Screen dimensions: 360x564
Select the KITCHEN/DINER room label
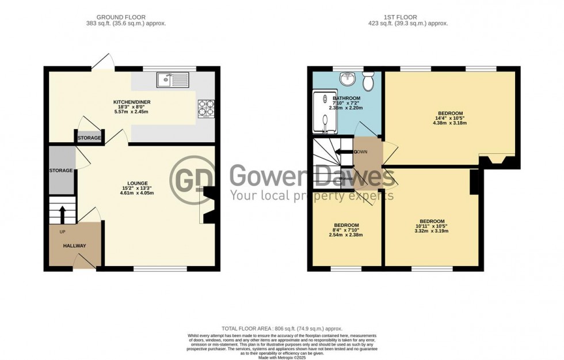(x=132, y=103)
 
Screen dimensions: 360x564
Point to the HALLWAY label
(x=75, y=246)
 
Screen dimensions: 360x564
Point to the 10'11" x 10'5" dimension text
(x=432, y=226)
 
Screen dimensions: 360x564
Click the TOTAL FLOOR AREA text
(x=282, y=327)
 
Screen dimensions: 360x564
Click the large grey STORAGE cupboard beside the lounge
(x=62, y=170)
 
